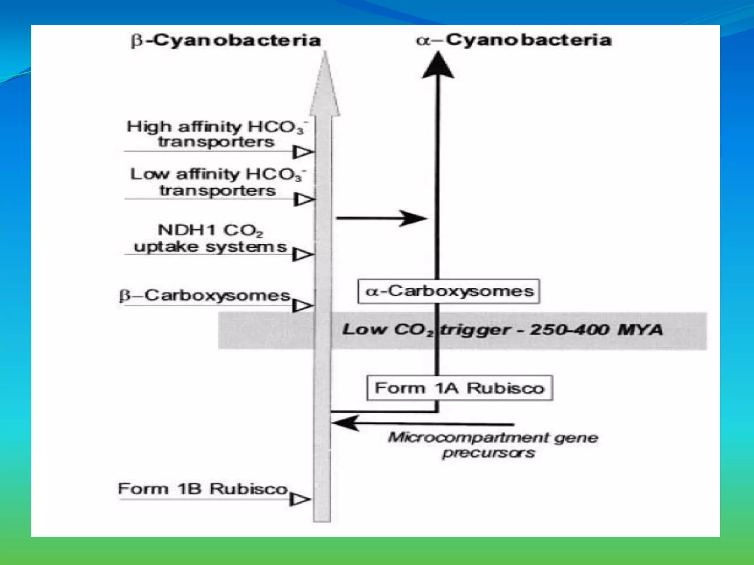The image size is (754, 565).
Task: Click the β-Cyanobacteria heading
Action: click(x=226, y=40)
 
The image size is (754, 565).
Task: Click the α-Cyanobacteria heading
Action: click(x=514, y=40)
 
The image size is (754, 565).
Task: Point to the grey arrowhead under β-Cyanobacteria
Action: click(x=325, y=85)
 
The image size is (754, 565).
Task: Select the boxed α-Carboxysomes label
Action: click(x=449, y=291)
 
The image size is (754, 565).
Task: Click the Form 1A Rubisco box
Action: click(x=459, y=388)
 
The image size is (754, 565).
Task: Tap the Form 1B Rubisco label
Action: click(x=202, y=489)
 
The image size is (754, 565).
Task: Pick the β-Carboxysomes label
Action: click(x=205, y=295)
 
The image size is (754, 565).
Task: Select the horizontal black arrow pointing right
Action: click(x=381, y=218)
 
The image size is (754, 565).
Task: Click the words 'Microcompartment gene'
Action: click(x=493, y=437)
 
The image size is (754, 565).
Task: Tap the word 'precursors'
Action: click(x=488, y=453)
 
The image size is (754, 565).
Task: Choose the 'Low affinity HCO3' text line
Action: click(x=217, y=174)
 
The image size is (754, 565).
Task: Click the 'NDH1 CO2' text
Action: click(x=210, y=230)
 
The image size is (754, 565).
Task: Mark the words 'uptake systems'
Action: click(x=210, y=246)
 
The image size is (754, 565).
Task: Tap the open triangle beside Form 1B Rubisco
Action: click(x=300, y=499)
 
